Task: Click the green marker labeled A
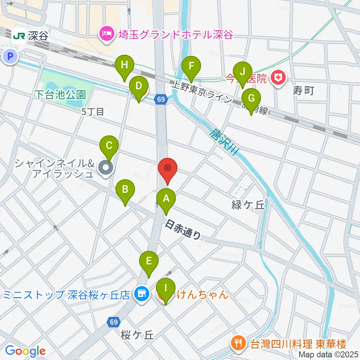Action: coord(166,199)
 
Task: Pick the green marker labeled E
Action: coord(149,261)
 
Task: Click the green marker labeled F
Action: coord(191,67)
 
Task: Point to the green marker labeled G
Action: coord(251,99)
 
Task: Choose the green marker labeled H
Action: coord(124,65)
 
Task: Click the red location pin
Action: coord(168,169)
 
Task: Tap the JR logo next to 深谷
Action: coord(19,36)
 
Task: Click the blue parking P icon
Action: coord(10,57)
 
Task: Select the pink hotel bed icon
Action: coord(106,34)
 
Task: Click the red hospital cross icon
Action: coord(278,78)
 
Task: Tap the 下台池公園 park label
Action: coord(60,94)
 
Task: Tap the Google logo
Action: coord(25,351)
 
